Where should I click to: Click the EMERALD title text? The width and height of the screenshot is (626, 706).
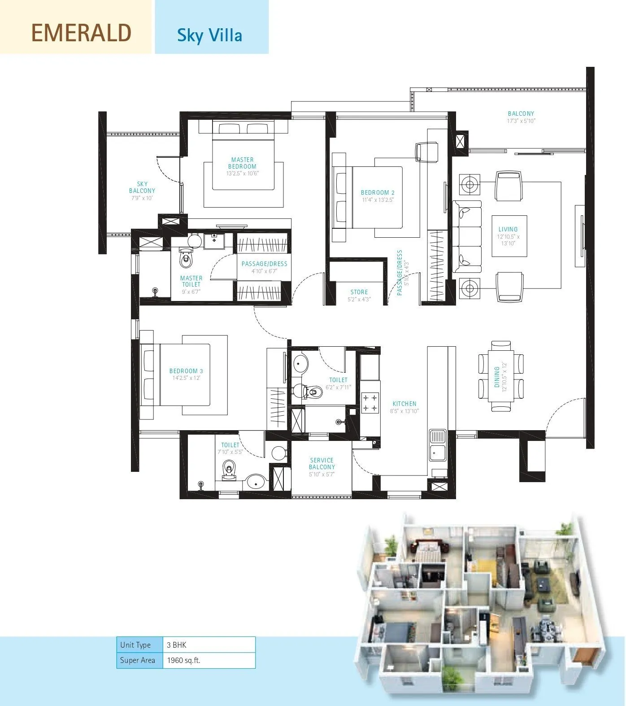click(81, 33)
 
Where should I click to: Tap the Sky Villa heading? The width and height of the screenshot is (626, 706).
click(209, 35)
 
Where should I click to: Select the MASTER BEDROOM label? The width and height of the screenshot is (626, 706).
click(243, 163)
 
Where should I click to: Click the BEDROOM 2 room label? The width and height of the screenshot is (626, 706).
click(378, 193)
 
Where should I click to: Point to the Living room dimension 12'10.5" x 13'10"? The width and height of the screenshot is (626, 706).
click(508, 240)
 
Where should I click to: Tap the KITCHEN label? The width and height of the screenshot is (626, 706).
click(404, 404)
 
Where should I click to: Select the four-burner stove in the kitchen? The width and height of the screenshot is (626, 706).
click(370, 402)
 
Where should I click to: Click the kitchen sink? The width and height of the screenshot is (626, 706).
click(437, 444)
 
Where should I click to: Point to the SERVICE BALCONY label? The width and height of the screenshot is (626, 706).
click(322, 463)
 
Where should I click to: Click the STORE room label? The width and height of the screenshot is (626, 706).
click(359, 292)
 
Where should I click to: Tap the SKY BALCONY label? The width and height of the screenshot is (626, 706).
click(142, 187)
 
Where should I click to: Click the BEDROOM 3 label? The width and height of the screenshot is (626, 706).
click(186, 371)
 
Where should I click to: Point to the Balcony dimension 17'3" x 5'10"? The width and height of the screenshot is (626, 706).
click(521, 121)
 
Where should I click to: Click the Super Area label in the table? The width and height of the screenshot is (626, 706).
click(138, 660)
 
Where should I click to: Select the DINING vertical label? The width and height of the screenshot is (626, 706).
click(497, 377)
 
